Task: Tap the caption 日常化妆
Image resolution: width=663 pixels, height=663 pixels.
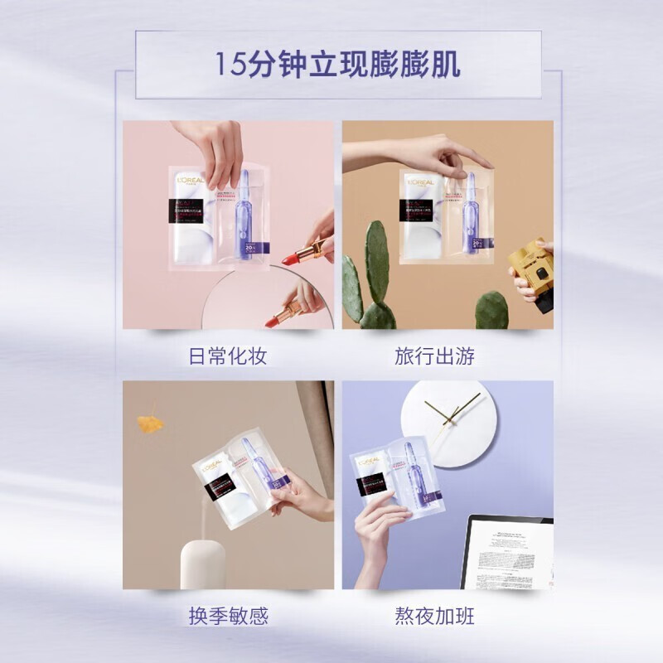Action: pyautogui.click(x=227, y=356)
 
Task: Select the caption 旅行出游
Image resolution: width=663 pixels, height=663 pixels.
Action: pyautogui.click(x=435, y=356)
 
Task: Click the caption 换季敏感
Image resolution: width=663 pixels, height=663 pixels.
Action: pyautogui.click(x=227, y=616)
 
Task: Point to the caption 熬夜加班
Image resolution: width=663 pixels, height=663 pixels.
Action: pyautogui.click(x=435, y=616)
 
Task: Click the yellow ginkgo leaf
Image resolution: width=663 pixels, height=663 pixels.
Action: pyautogui.click(x=150, y=422)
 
